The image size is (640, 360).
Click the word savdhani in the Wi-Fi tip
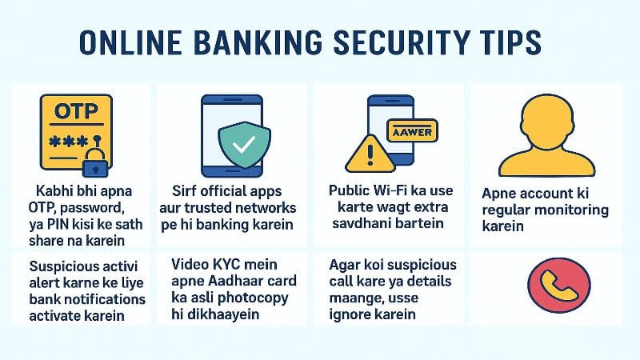(369, 222)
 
